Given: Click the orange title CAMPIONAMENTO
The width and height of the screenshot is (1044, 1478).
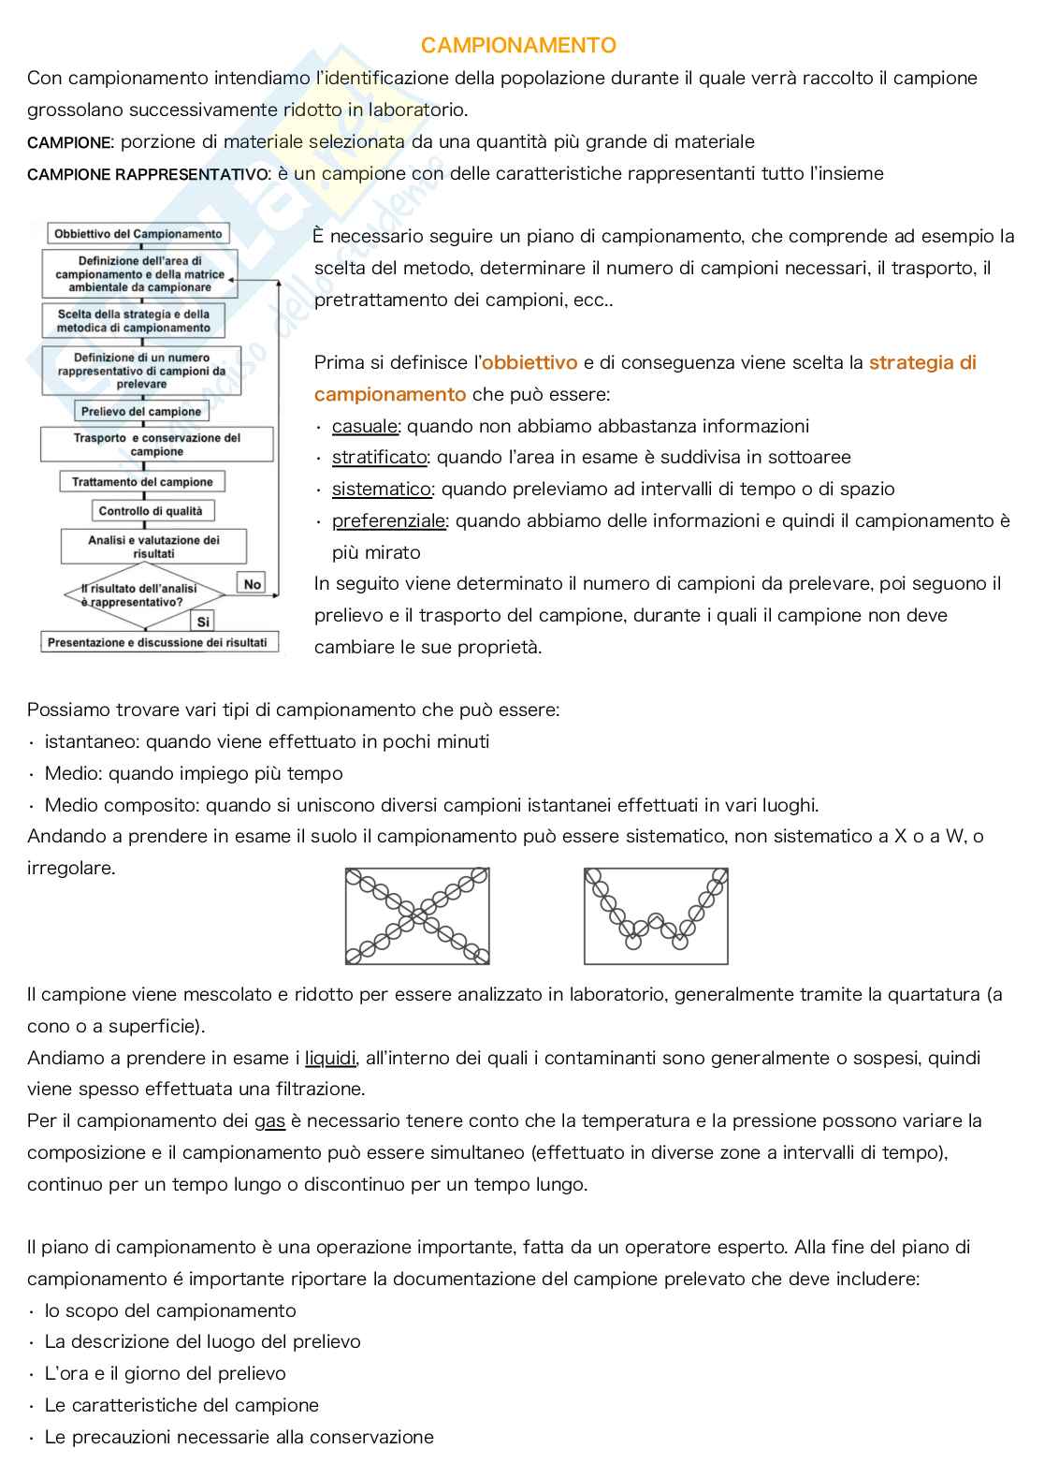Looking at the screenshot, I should [518, 45].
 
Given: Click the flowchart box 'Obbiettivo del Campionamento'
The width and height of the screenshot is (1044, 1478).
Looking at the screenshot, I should [138, 234].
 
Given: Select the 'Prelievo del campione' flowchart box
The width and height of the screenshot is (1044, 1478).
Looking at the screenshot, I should [141, 412].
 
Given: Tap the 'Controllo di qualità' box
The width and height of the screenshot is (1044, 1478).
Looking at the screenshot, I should [151, 511].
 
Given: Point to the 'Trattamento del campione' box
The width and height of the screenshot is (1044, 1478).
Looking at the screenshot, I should [142, 482].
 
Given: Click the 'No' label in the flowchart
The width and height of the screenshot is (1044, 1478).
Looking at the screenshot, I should [252, 584].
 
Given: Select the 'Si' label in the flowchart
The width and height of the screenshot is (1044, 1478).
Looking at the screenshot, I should [203, 622].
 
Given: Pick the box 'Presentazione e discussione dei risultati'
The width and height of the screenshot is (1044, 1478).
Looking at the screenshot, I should [157, 643].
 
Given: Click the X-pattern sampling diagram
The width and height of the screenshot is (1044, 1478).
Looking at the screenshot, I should [417, 915].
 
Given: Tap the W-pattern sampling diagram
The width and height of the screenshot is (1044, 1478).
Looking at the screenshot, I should [656, 915].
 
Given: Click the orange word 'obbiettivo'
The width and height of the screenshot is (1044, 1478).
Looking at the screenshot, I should [529, 362].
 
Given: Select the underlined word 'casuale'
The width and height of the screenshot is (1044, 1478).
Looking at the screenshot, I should [365, 426].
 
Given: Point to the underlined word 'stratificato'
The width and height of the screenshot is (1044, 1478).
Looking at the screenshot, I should [379, 458].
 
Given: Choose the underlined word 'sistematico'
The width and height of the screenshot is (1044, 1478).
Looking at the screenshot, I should [382, 490].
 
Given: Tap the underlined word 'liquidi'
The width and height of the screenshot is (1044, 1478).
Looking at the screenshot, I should [330, 1058].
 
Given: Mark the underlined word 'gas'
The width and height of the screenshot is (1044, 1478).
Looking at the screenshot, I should [269, 1121].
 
